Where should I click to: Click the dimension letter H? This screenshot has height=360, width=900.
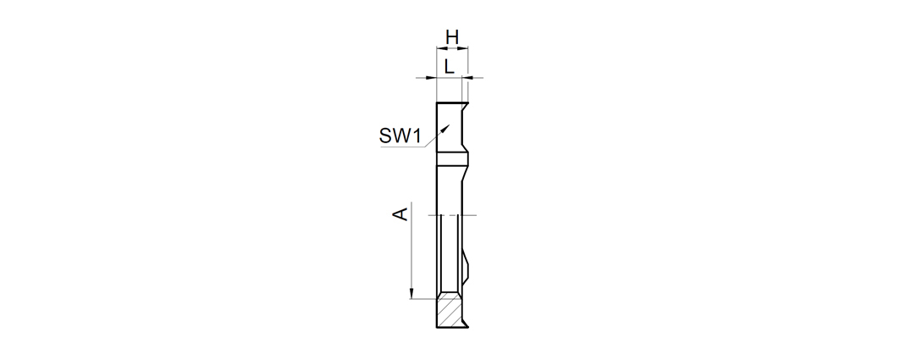(452, 38)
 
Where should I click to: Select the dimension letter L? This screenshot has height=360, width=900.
(449, 66)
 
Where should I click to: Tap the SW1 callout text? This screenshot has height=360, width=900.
(400, 136)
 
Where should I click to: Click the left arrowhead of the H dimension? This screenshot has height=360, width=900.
(441, 48)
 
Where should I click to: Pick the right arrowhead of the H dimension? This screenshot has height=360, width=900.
(464, 48)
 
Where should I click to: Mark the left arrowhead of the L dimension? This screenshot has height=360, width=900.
(432, 78)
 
